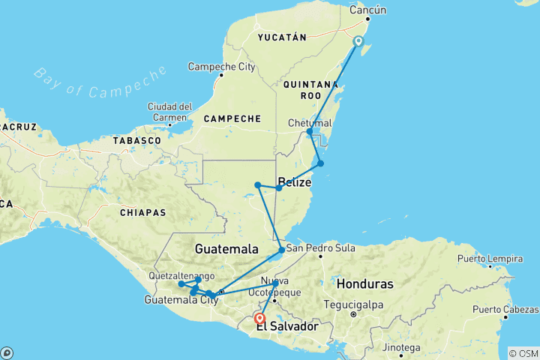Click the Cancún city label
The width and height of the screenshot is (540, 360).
coord(368,10)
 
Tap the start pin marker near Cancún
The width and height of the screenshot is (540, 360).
coord(358,42)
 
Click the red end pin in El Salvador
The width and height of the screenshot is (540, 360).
coord(259,317)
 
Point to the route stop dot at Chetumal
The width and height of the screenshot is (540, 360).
coord(310,132)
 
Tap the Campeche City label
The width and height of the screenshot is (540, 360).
coord(221,67)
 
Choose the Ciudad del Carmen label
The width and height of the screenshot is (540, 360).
coord(170,110)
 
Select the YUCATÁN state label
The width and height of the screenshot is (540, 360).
coord(282,37)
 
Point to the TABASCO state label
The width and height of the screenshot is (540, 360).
coord(137,140)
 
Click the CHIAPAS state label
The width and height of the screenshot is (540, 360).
coord(142,212)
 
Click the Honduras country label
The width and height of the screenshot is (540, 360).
coord(365,284)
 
